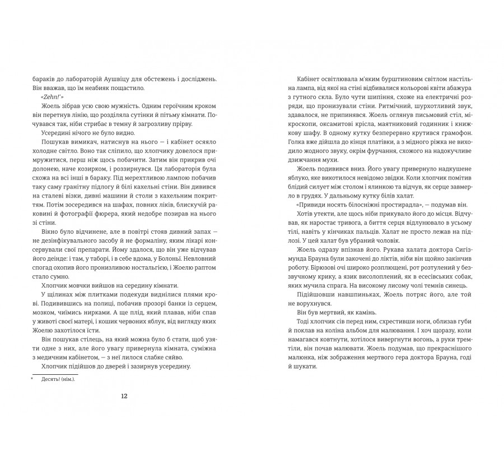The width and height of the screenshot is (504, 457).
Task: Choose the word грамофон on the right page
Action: point(456,134)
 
